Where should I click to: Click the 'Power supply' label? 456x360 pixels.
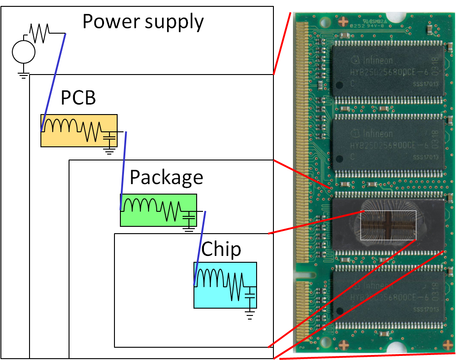click(143, 22)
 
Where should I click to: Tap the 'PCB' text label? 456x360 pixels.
click(78, 97)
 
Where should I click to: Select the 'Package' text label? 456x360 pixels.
click(166, 177)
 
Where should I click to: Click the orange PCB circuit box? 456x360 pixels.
click(79, 130)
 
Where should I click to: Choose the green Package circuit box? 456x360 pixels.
click(158, 210)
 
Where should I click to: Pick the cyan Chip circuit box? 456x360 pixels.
click(225, 285)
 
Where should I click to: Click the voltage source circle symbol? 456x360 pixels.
click(24, 52)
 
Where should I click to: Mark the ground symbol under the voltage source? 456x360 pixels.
click(24, 74)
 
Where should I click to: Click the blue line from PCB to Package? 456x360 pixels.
click(124, 171)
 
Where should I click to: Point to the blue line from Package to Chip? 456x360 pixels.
click(200, 248)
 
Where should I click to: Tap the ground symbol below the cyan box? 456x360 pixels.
click(249, 314)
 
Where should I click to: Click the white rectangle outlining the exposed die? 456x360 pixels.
click(388, 225)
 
